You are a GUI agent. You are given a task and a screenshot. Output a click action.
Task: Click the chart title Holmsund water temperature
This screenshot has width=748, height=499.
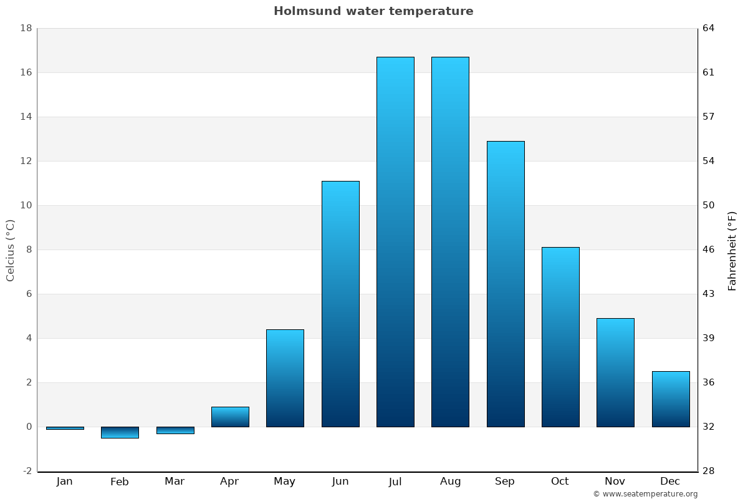tap(373, 11)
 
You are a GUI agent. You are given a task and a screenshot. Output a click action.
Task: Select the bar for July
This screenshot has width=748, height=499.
tap(395, 242)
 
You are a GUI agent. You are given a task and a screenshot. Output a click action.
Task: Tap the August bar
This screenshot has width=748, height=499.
tap(450, 242)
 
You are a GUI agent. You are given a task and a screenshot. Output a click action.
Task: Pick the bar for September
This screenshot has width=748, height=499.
tap(506, 284)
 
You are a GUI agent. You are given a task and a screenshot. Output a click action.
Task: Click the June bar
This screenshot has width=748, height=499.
tap(340, 304)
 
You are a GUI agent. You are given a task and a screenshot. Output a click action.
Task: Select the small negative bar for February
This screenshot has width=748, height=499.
tap(120, 432)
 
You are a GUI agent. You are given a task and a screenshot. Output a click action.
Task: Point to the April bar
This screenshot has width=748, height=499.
tap(230, 417)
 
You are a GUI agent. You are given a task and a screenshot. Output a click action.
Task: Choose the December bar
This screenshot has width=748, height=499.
tap(671, 399)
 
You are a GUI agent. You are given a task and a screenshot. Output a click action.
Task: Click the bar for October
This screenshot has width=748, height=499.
tap(560, 337)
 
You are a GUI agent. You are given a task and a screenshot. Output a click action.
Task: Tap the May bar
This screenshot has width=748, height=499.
tap(285, 378)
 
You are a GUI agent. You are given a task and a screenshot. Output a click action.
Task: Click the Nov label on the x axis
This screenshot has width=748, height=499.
tap(615, 482)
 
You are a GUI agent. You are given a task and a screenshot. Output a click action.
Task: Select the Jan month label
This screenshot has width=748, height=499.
tap(64, 482)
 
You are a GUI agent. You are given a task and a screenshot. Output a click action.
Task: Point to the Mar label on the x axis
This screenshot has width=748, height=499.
tap(175, 482)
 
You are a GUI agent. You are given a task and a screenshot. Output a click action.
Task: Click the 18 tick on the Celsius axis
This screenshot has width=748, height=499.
tap(26, 28)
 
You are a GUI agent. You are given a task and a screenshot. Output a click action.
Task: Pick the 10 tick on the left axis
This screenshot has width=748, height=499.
tap(26, 205)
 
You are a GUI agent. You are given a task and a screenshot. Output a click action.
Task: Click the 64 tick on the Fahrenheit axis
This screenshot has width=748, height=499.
tap(709, 28)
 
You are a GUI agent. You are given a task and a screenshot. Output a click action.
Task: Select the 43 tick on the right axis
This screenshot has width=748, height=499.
tap(709, 294)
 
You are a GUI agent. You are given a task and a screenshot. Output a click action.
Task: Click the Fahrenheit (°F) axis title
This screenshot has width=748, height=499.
tap(732, 251)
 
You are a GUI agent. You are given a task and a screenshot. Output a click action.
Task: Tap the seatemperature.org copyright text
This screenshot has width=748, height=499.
tap(645, 494)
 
